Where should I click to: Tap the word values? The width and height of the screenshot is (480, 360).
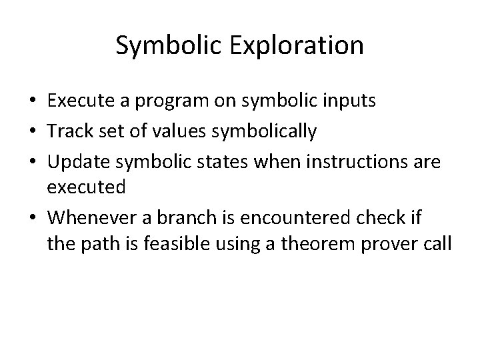tap(180, 131)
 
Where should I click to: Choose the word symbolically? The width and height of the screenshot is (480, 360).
tap(264, 131)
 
